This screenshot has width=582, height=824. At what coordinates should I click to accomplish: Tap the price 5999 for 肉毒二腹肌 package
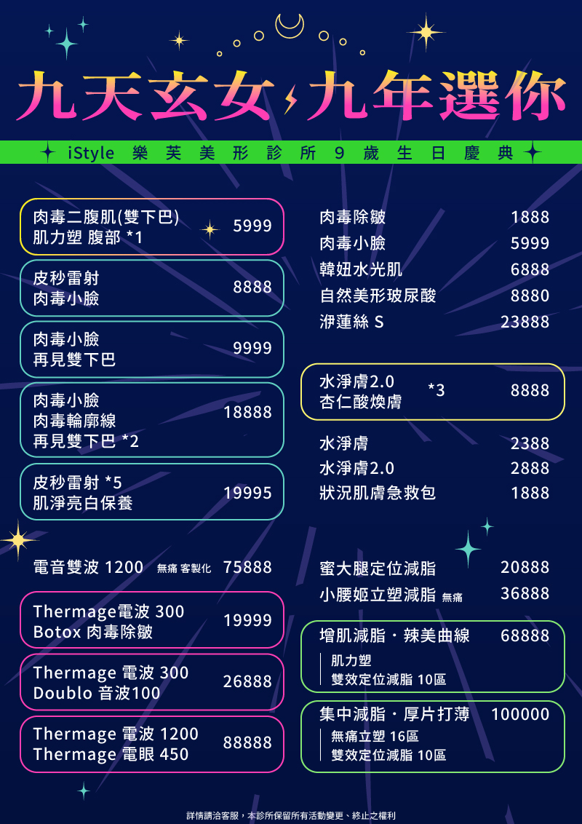pyautogui.click(x=252, y=226)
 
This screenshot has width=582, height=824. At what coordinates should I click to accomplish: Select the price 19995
pyautogui.click(x=248, y=493)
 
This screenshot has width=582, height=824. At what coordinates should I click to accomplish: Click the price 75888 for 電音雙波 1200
pyautogui.click(x=248, y=568)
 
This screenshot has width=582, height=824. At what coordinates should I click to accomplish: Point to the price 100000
pyautogui.click(x=521, y=715)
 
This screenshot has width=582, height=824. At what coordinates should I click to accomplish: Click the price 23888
pyautogui.click(x=525, y=322)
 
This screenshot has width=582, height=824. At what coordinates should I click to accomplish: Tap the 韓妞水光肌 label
pyautogui.click(x=361, y=269)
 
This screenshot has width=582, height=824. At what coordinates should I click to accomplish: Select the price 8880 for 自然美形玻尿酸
pyautogui.click(x=530, y=296)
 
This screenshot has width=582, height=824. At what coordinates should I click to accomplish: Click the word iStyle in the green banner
pyautogui.click(x=92, y=154)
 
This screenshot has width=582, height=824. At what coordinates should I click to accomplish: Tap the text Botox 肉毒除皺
pyautogui.click(x=93, y=632)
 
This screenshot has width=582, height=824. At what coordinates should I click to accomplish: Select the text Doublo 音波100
pyautogui.click(x=97, y=693)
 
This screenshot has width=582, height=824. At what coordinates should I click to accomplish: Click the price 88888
pyautogui.click(x=248, y=743)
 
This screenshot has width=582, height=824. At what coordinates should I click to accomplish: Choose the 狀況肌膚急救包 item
pyautogui.click(x=378, y=493)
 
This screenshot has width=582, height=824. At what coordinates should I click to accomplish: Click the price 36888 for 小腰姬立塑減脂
pyautogui.click(x=525, y=594)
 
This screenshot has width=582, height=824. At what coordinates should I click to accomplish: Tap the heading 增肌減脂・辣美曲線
pyautogui.click(x=394, y=636)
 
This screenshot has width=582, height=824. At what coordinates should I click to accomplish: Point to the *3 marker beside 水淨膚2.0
pyautogui.click(x=436, y=390)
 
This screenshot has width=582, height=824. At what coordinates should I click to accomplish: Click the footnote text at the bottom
pyautogui.click(x=291, y=815)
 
